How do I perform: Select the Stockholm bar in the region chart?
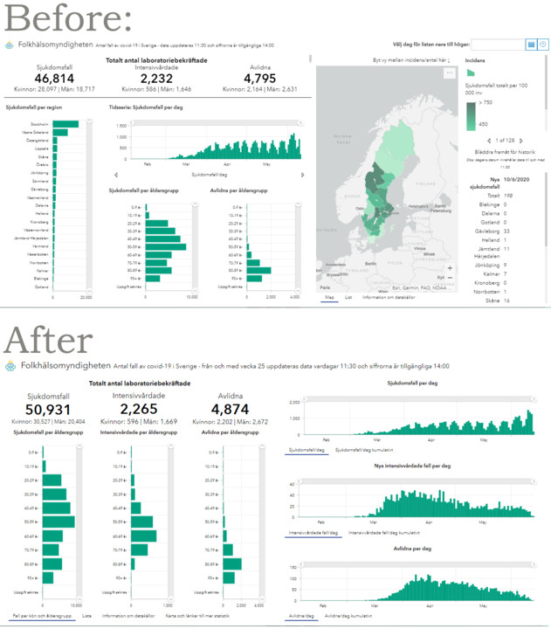(x=65, y=123)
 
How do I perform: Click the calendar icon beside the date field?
(x=530, y=44)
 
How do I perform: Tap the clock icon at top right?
(x=543, y=44)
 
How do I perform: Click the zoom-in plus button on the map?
(x=450, y=268)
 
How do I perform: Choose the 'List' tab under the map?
(x=348, y=297)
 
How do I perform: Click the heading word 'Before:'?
(x=66, y=18)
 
